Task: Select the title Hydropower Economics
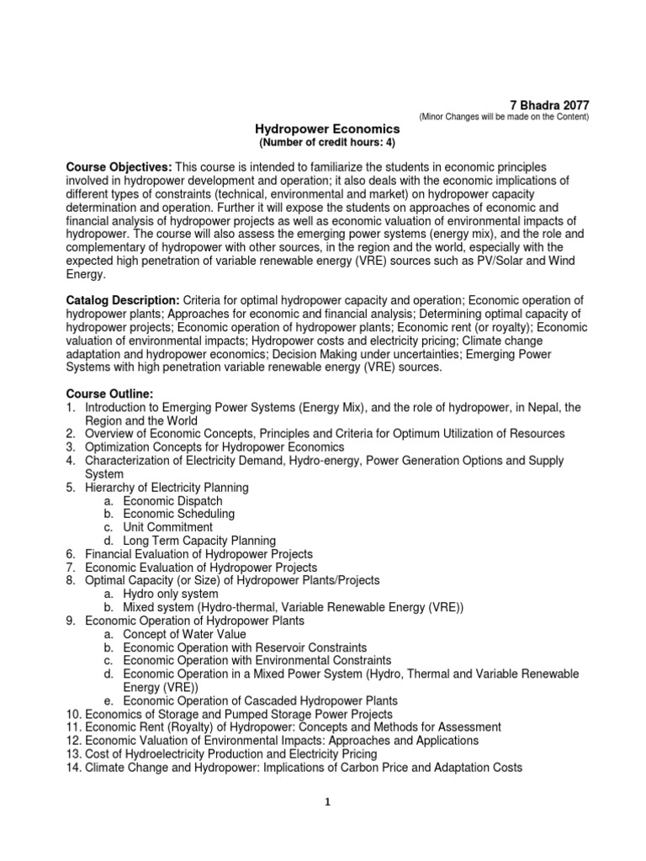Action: click(x=327, y=129)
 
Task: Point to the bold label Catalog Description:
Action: click(x=123, y=300)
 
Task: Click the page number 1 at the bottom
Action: click(x=327, y=801)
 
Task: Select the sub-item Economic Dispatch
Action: click(x=172, y=500)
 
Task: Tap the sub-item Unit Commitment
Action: click(x=167, y=527)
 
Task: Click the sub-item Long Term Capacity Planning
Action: click(x=199, y=541)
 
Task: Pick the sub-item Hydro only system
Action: click(x=170, y=594)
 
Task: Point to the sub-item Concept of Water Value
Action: click(x=184, y=634)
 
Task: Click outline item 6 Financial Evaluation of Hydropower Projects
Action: click(x=199, y=554)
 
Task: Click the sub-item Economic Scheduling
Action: click(x=178, y=514)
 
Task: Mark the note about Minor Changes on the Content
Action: click(x=504, y=117)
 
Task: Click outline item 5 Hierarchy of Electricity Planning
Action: click(x=167, y=488)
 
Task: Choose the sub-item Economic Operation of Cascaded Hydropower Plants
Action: click(x=260, y=700)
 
